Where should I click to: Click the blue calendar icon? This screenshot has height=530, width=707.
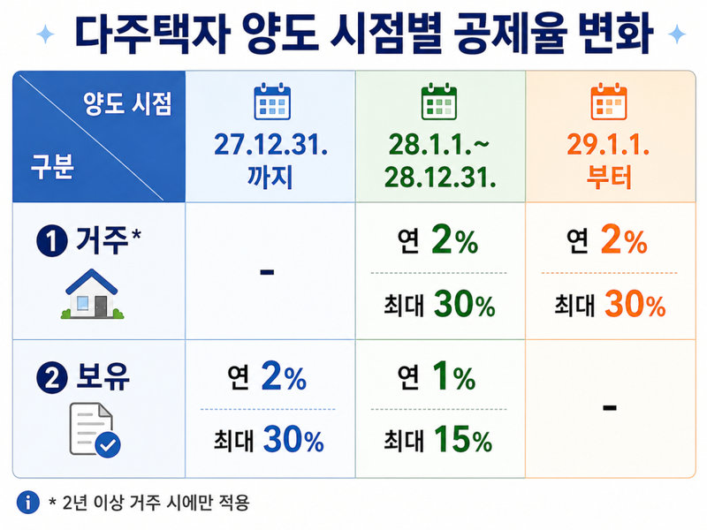tap(272, 101)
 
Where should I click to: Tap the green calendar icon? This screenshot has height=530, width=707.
tap(438, 101)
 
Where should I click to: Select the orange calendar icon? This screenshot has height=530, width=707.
tap(609, 101)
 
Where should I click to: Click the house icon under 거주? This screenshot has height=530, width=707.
tap(92, 294)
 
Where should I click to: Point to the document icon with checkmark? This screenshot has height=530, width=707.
tap(95, 430)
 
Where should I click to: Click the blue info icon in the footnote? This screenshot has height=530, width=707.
tap(28, 502)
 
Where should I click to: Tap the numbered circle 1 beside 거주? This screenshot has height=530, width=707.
tap(52, 241)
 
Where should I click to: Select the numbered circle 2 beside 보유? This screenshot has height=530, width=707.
tap(52, 378)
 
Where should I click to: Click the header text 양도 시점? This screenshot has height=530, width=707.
tap(127, 103)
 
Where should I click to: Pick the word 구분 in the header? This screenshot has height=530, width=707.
tap(52, 167)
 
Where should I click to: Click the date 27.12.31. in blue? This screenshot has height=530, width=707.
tap(270, 145)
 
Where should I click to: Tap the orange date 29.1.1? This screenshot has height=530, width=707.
tap(608, 145)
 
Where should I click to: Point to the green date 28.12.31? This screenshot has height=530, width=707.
tap(440, 178)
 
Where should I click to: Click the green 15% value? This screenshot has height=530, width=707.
tap(463, 439)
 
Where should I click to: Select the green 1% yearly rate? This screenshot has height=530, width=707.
tap(453, 376)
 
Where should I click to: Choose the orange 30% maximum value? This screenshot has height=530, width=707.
tap(635, 304)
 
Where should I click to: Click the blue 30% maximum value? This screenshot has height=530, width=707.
tap(293, 439)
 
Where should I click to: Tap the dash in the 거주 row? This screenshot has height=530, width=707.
tap(267, 272)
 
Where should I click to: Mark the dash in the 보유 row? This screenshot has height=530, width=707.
tap(609, 408)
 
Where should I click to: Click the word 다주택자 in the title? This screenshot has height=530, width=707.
tap(152, 33)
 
